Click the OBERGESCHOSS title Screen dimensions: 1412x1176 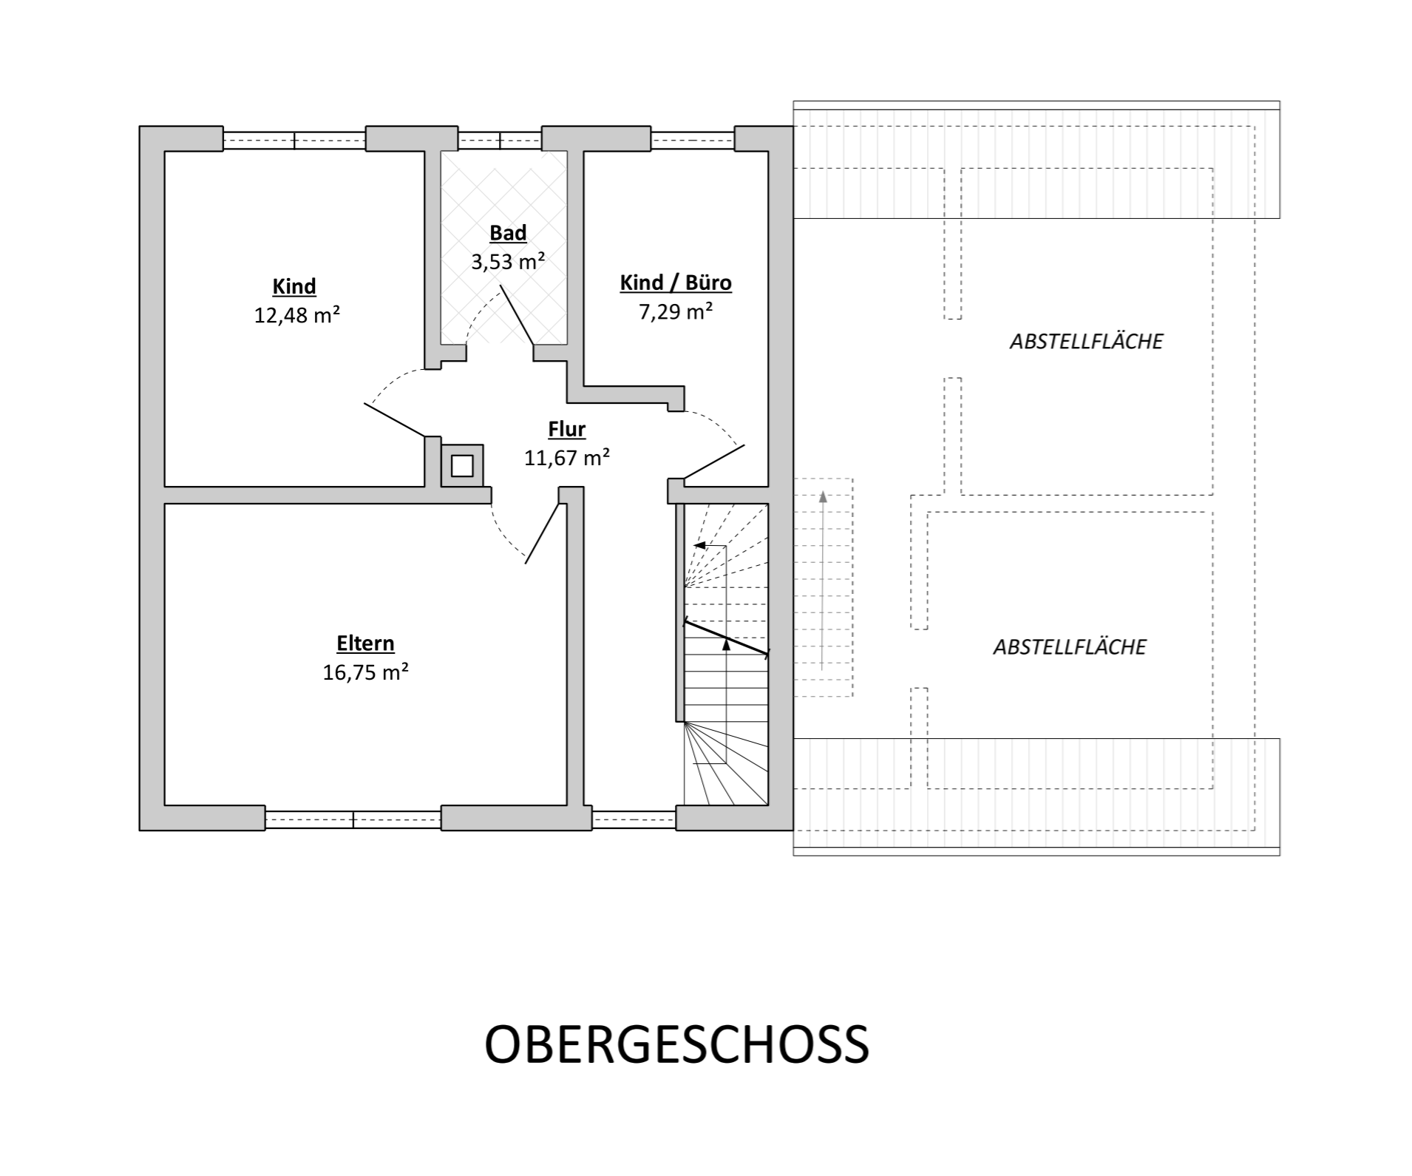(676, 1044)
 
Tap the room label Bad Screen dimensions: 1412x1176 (508, 233)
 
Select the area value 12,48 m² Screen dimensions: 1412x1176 (297, 315)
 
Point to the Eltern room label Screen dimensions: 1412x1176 (365, 643)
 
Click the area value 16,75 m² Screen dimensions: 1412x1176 (365, 672)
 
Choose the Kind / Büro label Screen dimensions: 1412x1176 (676, 283)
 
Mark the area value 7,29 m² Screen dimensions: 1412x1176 (676, 311)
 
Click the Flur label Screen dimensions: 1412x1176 (567, 429)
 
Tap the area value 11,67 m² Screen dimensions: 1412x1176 (567, 458)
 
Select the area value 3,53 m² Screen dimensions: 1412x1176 (508, 261)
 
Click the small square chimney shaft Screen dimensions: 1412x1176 (462, 466)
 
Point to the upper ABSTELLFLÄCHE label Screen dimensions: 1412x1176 (1086, 342)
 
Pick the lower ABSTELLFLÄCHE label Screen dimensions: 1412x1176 (1069, 647)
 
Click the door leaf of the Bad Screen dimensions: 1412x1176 (517, 315)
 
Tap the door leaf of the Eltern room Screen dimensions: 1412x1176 (542, 533)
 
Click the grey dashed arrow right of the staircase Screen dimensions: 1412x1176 (823, 581)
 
